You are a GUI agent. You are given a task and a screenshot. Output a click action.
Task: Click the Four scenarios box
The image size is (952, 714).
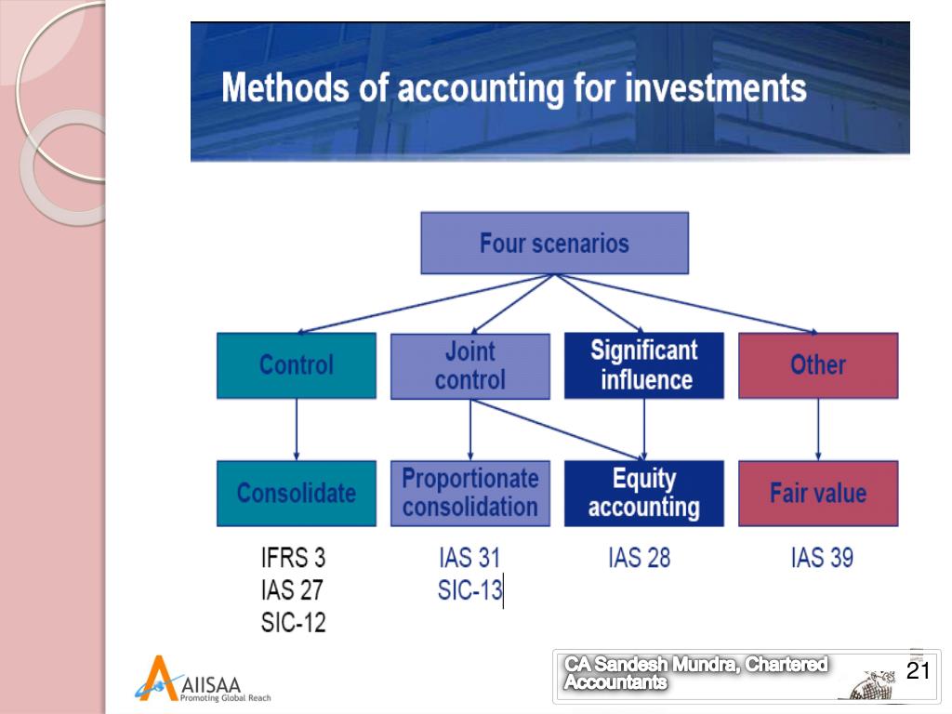click(554, 244)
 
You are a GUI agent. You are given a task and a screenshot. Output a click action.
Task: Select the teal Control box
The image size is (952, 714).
click(296, 365)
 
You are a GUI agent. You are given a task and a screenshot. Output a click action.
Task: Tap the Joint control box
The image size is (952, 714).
click(469, 365)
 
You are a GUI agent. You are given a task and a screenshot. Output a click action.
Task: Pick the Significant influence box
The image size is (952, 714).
click(643, 365)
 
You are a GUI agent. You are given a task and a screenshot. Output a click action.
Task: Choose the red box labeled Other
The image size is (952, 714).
click(818, 365)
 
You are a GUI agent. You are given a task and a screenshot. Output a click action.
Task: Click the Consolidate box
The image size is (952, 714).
click(296, 493)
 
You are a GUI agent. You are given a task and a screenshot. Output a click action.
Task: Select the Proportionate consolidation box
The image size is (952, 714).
click(469, 493)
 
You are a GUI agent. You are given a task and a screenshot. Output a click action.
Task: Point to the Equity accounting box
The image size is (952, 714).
click(643, 493)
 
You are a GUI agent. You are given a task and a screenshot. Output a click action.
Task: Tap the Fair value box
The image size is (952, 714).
click(818, 493)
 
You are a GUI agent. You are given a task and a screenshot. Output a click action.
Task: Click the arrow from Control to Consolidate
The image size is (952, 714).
click(296, 430)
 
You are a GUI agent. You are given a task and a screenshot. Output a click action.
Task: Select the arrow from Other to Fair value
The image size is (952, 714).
click(818, 430)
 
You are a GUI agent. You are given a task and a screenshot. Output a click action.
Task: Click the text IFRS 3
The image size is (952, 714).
click(293, 559)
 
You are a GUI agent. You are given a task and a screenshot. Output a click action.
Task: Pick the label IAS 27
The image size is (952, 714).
click(292, 590)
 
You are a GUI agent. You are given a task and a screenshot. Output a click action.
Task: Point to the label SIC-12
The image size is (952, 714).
click(293, 622)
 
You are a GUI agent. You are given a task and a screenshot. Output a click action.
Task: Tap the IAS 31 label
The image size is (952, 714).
click(469, 558)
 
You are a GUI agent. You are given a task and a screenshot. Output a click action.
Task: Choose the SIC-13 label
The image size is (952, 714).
click(469, 590)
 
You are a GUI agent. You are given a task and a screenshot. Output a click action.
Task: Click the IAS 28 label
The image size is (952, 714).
click(639, 558)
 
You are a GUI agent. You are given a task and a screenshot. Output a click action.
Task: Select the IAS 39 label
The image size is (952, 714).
click(822, 558)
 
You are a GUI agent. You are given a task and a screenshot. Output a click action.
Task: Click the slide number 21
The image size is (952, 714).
click(918, 672)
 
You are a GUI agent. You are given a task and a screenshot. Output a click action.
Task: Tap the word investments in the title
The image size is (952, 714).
click(715, 89)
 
